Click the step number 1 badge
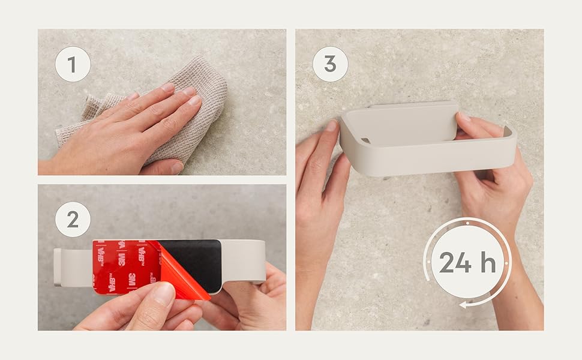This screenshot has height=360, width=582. [x=73, y=64]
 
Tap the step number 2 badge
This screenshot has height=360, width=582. [x=73, y=220]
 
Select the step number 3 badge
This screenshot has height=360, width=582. [x=331, y=64]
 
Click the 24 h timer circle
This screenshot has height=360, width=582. [x=467, y=262]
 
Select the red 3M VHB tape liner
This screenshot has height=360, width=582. [x=126, y=267]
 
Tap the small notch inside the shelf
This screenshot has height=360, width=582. [x=365, y=140]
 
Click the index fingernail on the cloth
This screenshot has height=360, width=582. [x=168, y=88]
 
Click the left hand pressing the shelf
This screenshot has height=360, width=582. [x=319, y=208]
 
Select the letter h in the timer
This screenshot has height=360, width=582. [x=488, y=262]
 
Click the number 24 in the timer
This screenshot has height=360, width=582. [x=455, y=262]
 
